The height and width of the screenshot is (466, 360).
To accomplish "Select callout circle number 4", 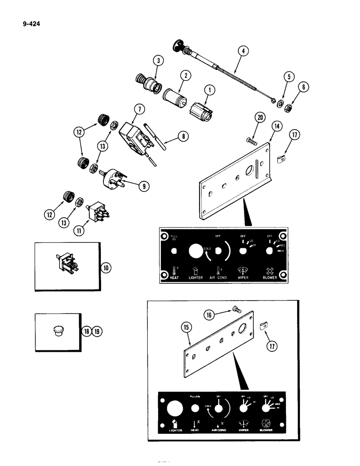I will coord(242,50).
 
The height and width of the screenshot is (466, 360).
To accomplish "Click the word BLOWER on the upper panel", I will coord(270,277).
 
